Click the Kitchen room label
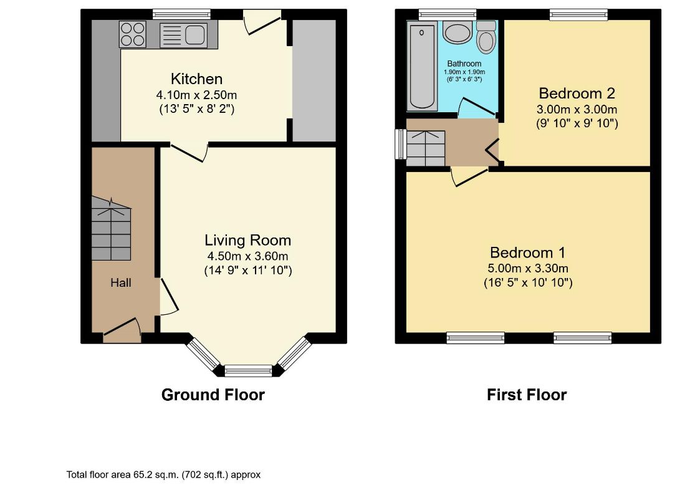click(196, 79)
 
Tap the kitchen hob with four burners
click(133, 34)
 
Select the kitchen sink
click(183, 35)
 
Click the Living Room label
click(247, 240)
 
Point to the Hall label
click(120, 282)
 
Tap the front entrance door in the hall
click(122, 330)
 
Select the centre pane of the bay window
click(248, 371)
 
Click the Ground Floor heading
click(213, 395)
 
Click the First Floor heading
click(527, 395)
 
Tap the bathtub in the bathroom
click(422, 67)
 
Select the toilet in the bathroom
click(486, 37)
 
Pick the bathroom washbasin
click(458, 33)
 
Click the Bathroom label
click(464, 64)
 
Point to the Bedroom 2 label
click(577, 94)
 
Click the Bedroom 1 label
click(527, 252)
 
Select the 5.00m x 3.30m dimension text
click(527, 269)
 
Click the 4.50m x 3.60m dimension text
click(247, 256)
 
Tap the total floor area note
click(163, 475)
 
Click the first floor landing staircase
click(426, 148)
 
